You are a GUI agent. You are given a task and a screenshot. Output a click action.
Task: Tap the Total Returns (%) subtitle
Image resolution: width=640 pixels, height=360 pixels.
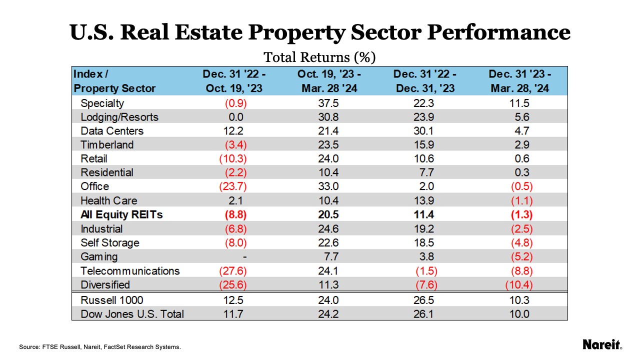(x=319, y=57)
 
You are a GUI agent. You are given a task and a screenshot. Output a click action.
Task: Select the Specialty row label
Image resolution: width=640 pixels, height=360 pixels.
(x=102, y=103)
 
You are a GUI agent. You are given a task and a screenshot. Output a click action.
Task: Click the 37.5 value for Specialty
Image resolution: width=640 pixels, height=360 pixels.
(x=329, y=103)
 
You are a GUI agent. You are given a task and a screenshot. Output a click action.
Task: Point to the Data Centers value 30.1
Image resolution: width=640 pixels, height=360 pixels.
(x=424, y=131)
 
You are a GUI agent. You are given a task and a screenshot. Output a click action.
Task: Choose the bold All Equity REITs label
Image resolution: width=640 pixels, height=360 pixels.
(x=121, y=215)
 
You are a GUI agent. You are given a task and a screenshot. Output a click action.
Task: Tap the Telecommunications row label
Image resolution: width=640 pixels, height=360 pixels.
(x=130, y=271)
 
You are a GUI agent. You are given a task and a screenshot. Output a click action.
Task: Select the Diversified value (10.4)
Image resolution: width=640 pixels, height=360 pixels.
(x=519, y=285)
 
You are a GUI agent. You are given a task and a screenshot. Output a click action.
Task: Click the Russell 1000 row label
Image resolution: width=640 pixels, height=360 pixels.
(x=111, y=300)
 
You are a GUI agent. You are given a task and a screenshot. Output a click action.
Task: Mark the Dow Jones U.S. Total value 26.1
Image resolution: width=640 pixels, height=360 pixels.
(x=424, y=314)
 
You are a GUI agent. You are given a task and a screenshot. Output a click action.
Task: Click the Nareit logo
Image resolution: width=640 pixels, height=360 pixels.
(x=602, y=344)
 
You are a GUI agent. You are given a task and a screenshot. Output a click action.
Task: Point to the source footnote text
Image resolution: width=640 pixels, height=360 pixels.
(x=100, y=346)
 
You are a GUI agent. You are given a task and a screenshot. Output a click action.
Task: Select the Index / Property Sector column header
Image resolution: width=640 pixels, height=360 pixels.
(x=114, y=81)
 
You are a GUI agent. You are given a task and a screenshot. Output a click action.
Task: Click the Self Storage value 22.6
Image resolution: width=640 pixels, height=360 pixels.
(x=329, y=243)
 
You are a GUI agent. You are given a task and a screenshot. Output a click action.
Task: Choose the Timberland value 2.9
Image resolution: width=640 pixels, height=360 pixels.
(x=519, y=145)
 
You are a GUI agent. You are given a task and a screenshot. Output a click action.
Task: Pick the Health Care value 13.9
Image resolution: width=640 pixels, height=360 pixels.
(x=424, y=201)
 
